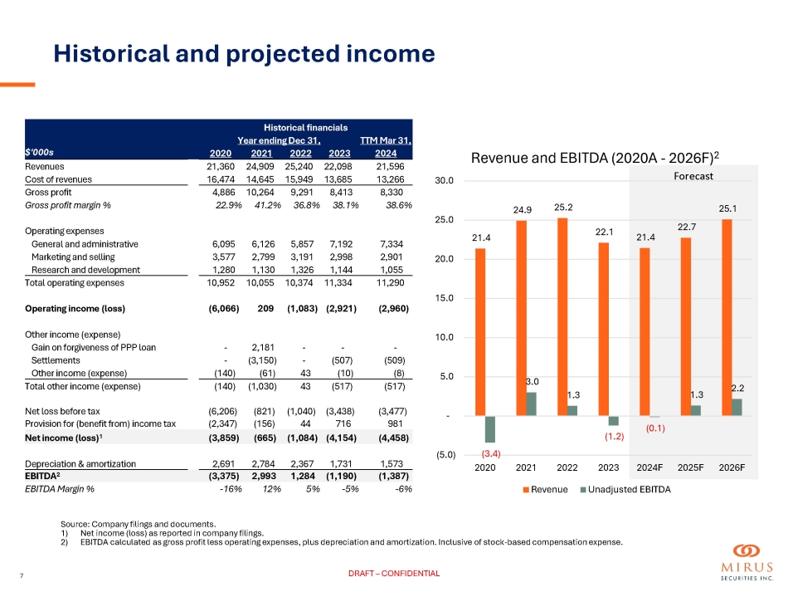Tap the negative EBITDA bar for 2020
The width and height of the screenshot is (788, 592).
point(491,428)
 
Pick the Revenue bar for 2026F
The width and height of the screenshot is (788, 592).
point(727,317)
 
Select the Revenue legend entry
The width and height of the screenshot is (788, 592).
point(546,489)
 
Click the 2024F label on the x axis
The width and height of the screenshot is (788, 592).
point(650,467)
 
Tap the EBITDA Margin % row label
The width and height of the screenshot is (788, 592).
point(60,489)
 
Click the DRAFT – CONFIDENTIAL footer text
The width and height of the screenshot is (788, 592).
point(394,574)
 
